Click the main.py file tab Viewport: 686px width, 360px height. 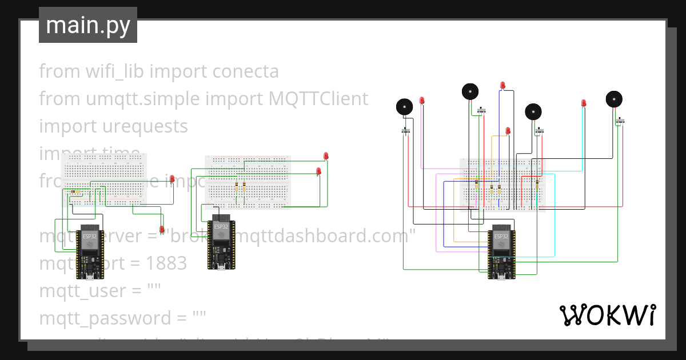tap(87, 25)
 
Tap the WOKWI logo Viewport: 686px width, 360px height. tap(607, 315)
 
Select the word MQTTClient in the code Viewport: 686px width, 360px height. tap(318, 99)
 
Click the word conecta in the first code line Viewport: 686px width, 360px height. tap(245, 71)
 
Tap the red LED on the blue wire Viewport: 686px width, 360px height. tap(502, 86)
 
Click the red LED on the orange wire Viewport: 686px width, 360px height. tap(508, 131)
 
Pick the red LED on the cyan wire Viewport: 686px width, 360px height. tap(584, 103)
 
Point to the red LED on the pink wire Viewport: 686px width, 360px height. tap(422, 101)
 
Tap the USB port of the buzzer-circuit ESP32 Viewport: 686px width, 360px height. tap(501, 278)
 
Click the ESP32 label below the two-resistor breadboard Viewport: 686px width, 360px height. tap(221, 226)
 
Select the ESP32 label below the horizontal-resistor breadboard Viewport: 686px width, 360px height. tap(89, 236)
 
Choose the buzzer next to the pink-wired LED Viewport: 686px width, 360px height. tap(404, 106)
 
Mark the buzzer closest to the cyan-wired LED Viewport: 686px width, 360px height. tap(614, 99)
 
